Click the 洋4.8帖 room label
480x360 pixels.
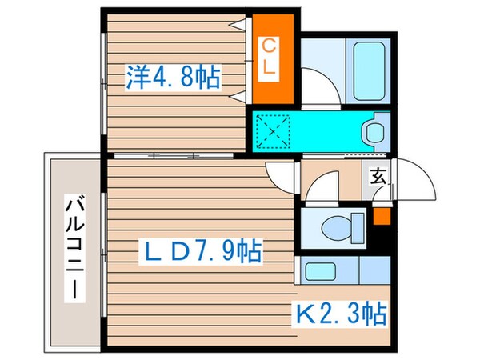[172, 78]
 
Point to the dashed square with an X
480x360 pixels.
[277, 130]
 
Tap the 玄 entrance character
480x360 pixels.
[378, 176]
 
